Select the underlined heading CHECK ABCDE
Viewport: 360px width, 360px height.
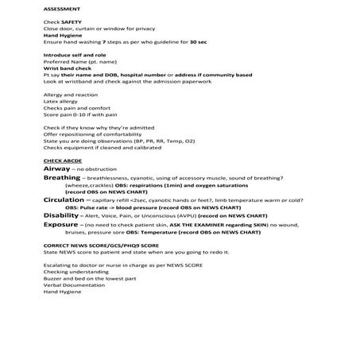(63, 161)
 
